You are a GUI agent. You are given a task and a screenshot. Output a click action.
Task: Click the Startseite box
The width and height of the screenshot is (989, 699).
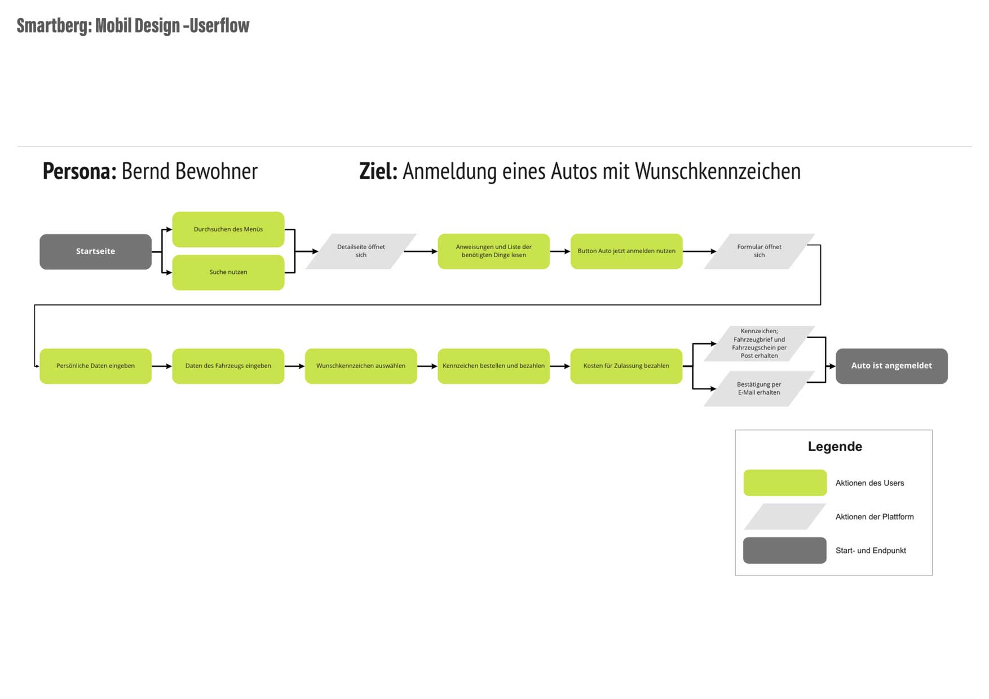pos(95,251)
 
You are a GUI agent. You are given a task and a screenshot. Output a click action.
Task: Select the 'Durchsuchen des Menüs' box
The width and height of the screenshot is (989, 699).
pos(228,229)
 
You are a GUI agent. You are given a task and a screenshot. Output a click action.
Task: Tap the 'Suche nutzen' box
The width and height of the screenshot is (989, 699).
pos(228,272)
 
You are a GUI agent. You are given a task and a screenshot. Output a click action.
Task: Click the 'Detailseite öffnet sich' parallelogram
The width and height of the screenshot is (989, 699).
pos(361,251)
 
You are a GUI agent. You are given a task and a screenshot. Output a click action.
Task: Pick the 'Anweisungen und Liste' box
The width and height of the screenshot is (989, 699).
pos(493,251)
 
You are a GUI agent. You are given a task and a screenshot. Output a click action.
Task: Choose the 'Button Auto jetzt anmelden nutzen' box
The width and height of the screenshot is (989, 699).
pos(626,251)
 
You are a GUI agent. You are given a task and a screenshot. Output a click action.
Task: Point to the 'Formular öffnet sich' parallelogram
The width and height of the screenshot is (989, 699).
pos(759,251)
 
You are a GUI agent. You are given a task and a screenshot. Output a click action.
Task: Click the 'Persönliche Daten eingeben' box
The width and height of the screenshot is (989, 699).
pos(95,366)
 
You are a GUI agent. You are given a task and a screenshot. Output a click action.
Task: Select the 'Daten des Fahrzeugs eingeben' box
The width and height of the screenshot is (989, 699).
pos(228,366)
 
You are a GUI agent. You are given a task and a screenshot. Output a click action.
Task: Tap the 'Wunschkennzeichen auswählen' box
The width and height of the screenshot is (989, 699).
pos(361,366)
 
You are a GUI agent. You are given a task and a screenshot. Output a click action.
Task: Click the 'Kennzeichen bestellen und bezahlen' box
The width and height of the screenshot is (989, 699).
pos(493,366)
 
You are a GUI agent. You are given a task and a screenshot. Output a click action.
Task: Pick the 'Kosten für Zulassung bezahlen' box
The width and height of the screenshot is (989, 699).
pos(626,366)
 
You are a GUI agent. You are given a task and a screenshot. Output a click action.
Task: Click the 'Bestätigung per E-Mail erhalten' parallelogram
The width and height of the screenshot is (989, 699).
pos(759,388)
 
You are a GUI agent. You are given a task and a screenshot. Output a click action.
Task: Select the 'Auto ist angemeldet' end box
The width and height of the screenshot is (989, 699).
pos(891,366)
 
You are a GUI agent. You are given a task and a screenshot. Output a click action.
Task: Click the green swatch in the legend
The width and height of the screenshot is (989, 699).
pos(785,483)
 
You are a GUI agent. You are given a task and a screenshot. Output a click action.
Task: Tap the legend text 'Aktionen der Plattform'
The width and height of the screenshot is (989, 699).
pos(875,517)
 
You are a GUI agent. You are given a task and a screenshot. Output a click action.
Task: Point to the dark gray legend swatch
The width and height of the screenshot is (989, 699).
pos(785,550)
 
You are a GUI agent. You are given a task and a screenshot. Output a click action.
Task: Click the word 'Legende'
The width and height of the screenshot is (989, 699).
pos(835,446)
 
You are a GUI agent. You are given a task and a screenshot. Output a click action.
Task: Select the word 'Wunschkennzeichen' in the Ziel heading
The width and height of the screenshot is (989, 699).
pos(718,171)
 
